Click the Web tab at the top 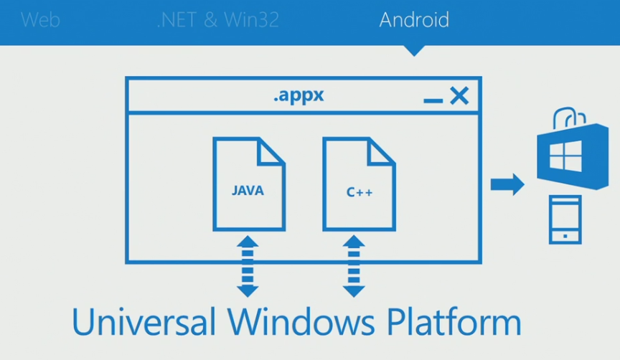click(40, 19)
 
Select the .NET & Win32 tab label click(217, 19)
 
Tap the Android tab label click(414, 19)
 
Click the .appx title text click(299, 95)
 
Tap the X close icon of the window click(459, 95)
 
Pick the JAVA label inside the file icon click(248, 191)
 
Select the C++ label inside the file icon click(359, 192)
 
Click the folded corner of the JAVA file click(271, 151)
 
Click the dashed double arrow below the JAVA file click(248, 266)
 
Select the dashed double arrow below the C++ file click(354, 266)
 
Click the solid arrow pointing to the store click(507, 184)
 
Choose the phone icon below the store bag click(565, 219)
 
